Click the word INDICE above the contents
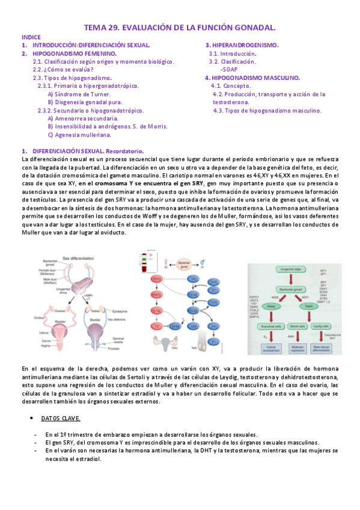pos(31,37)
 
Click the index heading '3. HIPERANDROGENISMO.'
pos(242,45)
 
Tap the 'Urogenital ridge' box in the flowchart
pos(294,269)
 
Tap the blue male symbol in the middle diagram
pos(203,262)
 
